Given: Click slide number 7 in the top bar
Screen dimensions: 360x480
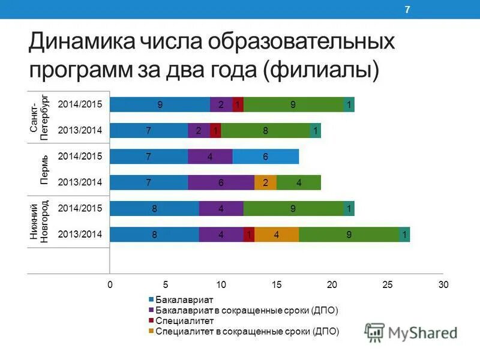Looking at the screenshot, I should click(407, 9).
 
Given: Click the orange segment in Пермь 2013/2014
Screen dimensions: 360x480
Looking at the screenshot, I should click(265, 182).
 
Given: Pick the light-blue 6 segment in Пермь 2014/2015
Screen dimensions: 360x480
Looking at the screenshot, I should click(265, 157).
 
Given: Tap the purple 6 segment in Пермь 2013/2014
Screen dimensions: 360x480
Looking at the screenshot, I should click(221, 182).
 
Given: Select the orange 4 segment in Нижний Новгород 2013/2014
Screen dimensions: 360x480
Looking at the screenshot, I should click(277, 235).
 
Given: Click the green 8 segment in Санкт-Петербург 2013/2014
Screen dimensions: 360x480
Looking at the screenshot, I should click(265, 130).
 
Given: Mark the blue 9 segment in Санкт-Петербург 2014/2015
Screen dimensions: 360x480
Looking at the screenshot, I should click(160, 104).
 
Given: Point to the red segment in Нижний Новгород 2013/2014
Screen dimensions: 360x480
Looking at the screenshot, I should click(248, 235).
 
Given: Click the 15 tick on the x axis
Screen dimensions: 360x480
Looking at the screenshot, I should click(277, 284).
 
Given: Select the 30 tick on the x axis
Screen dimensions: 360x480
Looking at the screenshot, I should click(443, 284).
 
